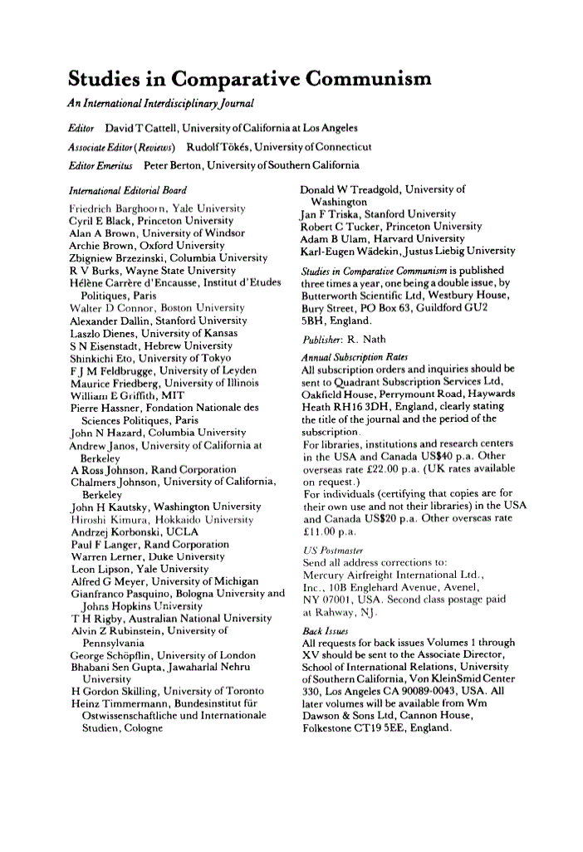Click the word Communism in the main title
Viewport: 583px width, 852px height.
coord(369,81)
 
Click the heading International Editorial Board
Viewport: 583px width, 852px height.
coord(128,191)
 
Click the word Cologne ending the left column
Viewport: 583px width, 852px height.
coord(140,727)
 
